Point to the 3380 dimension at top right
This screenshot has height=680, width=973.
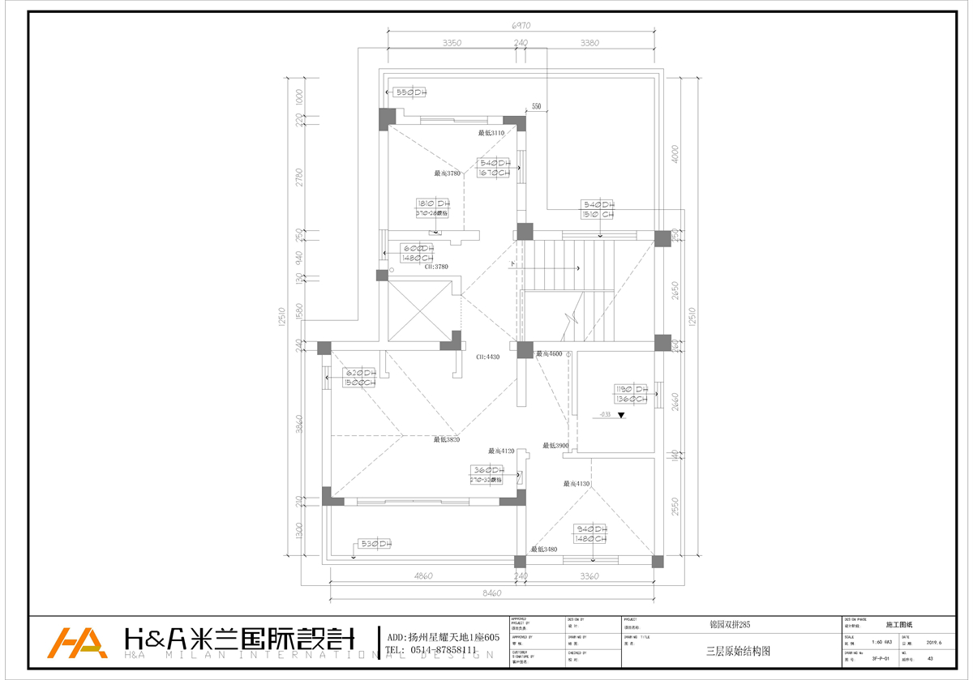pyautogui.click(x=590, y=42)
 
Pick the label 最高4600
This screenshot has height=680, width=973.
pyautogui.click(x=549, y=354)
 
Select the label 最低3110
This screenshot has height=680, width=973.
pyautogui.click(x=491, y=133)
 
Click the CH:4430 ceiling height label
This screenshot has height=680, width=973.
pyautogui.click(x=487, y=357)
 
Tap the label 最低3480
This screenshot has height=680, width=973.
pyautogui.click(x=544, y=550)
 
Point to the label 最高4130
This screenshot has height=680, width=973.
pyautogui.click(x=577, y=484)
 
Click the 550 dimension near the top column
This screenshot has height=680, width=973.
pyautogui.click(x=536, y=107)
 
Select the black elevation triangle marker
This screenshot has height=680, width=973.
pyautogui.click(x=621, y=416)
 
